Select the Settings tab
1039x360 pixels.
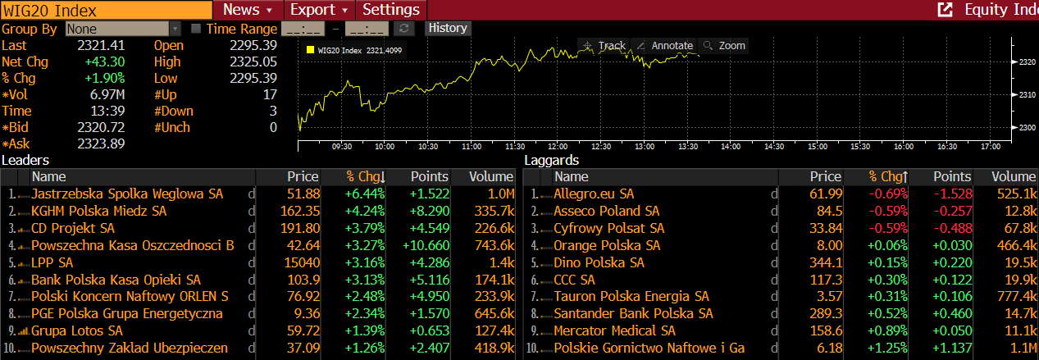coord(391,10)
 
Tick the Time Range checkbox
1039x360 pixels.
coord(196,29)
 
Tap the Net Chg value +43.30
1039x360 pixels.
coord(104,62)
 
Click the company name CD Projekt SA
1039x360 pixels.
coord(73,228)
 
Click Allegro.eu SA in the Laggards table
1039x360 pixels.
coord(594,194)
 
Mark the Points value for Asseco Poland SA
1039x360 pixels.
coord(952,211)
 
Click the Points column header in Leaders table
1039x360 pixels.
coord(430,176)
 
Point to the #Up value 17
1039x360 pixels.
coord(270,94)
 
